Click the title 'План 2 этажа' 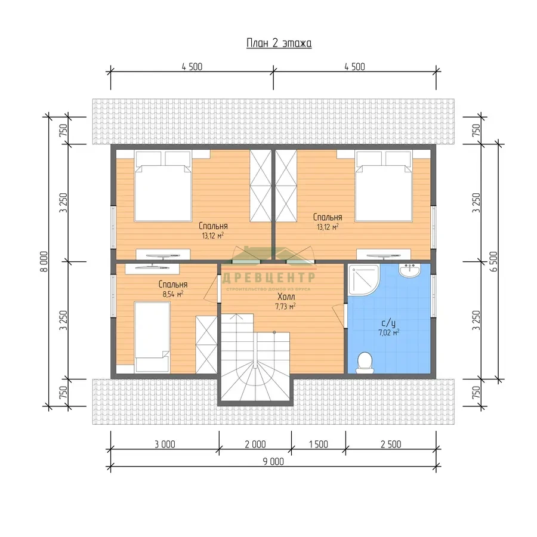pyautogui.click(x=279, y=44)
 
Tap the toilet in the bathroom pyautogui.click(x=365, y=363)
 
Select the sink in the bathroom pyautogui.click(x=409, y=270)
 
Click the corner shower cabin pyautogui.click(x=364, y=279)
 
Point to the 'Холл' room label pyautogui.click(x=286, y=297)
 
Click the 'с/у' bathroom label pyautogui.click(x=388, y=323)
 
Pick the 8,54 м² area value pyautogui.click(x=173, y=294)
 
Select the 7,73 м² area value pyautogui.click(x=285, y=306)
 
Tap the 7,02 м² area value pyautogui.click(x=388, y=332)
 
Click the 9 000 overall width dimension pyautogui.click(x=273, y=462)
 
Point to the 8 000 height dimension pyautogui.click(x=45, y=262)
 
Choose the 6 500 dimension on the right pyautogui.click(x=493, y=262)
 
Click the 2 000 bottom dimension pyautogui.click(x=255, y=444)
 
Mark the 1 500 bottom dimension pyautogui.click(x=318, y=444)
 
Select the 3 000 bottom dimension pyautogui.click(x=165, y=444)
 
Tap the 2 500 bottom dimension pyautogui.click(x=391, y=444)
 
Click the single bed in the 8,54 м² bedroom pyautogui.click(x=152, y=337)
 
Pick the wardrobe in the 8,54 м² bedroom pyautogui.click(x=206, y=344)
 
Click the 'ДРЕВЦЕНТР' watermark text pyautogui.click(x=269, y=277)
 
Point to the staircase pyautogui.click(x=255, y=357)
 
